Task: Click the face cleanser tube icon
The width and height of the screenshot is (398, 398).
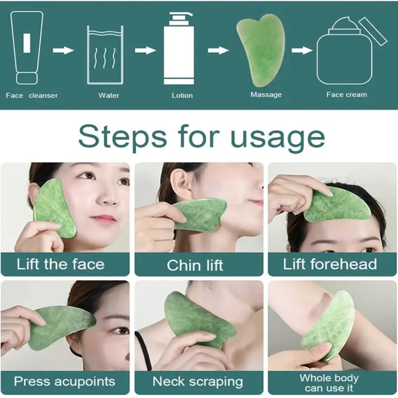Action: coord(27,47)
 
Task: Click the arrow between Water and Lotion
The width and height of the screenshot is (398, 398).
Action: coord(145,50)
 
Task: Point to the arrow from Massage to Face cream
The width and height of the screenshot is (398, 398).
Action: coord(301,50)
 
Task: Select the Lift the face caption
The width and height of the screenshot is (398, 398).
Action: coord(61,264)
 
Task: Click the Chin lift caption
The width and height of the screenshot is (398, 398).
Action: coord(196,265)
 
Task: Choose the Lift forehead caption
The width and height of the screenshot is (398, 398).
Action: coord(330,264)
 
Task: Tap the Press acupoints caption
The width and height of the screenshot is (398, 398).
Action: coord(65,382)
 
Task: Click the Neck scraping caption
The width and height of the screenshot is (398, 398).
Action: coord(198,382)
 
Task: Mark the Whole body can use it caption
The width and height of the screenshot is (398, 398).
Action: coord(329,383)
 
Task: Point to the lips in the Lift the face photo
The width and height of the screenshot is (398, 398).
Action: coord(103,219)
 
